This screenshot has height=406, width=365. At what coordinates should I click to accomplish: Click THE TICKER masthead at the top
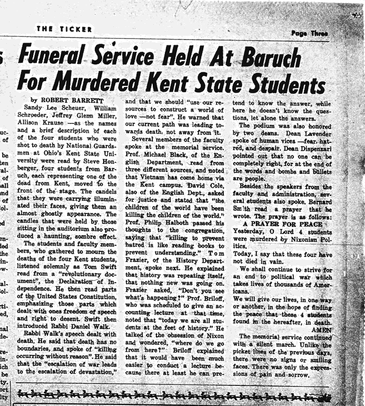(64, 29)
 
